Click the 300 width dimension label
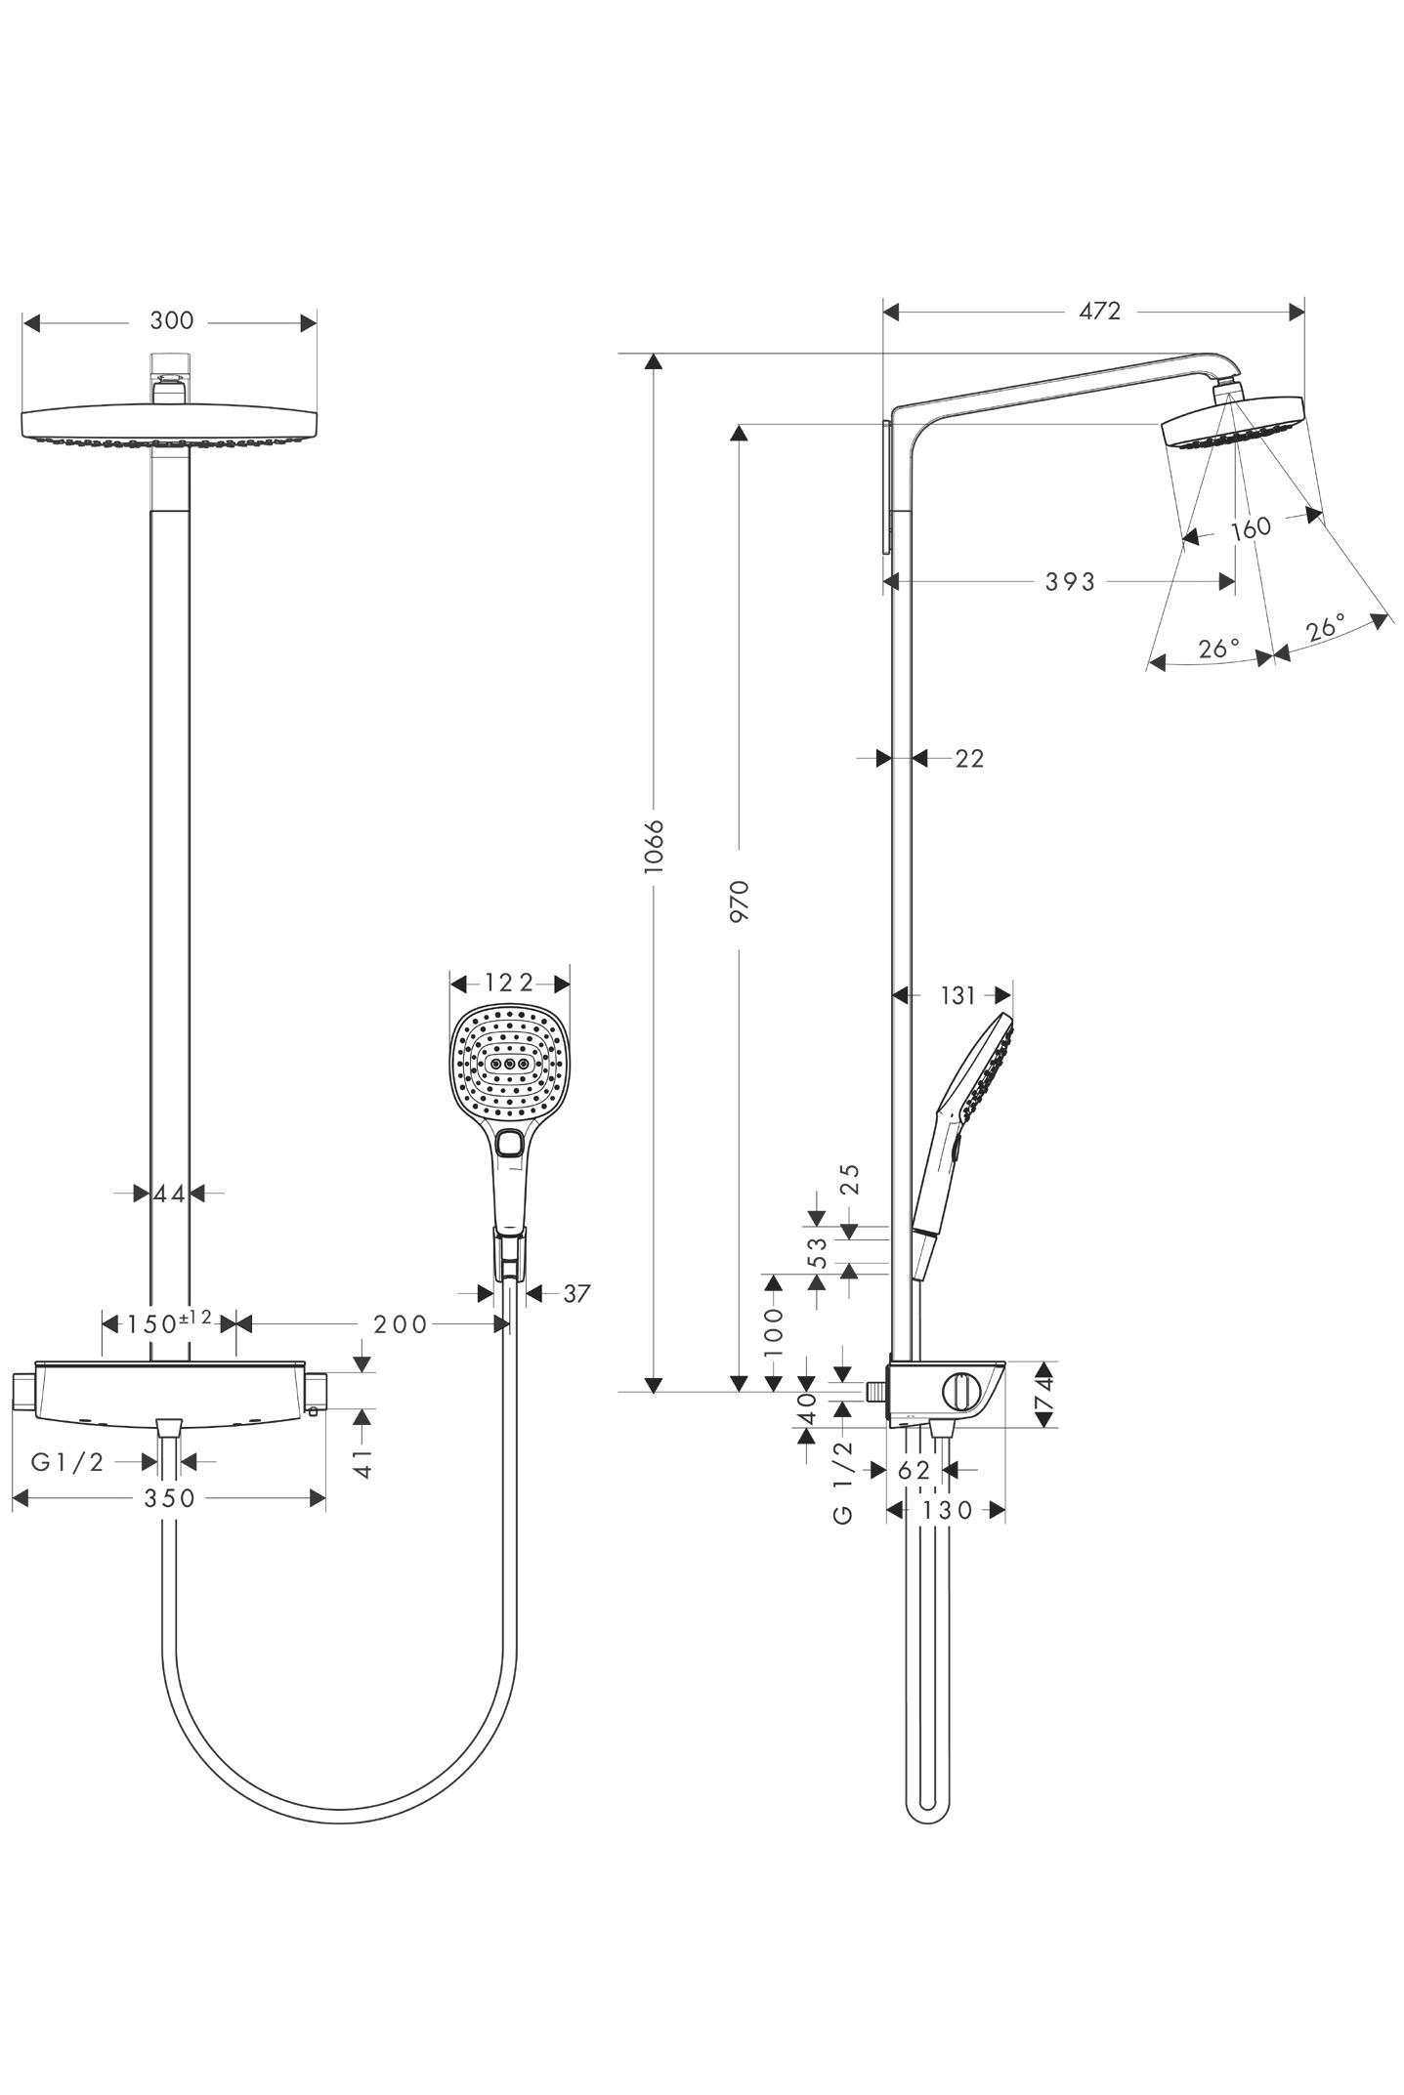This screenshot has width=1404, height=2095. point(172,320)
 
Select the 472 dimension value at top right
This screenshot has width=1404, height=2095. point(1099,311)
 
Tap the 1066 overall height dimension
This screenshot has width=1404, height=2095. point(655,846)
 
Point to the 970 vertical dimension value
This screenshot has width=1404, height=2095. point(740,901)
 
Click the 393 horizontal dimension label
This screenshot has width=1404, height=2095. point(1071,582)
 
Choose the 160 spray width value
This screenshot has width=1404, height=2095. point(1251,528)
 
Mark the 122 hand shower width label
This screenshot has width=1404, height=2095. point(509,983)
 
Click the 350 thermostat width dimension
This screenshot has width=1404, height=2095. point(170,1498)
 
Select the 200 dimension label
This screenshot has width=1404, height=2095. point(401,1324)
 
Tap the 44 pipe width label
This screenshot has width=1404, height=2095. point(169,1194)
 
